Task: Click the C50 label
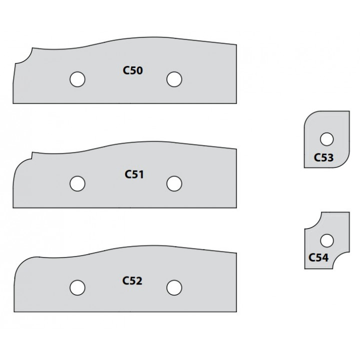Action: pyautogui.click(x=132, y=70)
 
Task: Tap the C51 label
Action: pyautogui.click(x=134, y=174)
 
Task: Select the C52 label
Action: pyautogui.click(x=132, y=280)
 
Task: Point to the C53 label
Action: pyautogui.click(x=323, y=157)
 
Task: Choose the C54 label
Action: pyautogui.click(x=318, y=257)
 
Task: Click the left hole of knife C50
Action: pyautogui.click(x=77, y=79)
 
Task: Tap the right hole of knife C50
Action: pyautogui.click(x=174, y=79)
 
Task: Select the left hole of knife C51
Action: pyautogui.click(x=77, y=183)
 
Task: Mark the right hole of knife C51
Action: pyautogui.click(x=174, y=183)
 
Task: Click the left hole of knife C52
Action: pyautogui.click(x=77, y=287)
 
